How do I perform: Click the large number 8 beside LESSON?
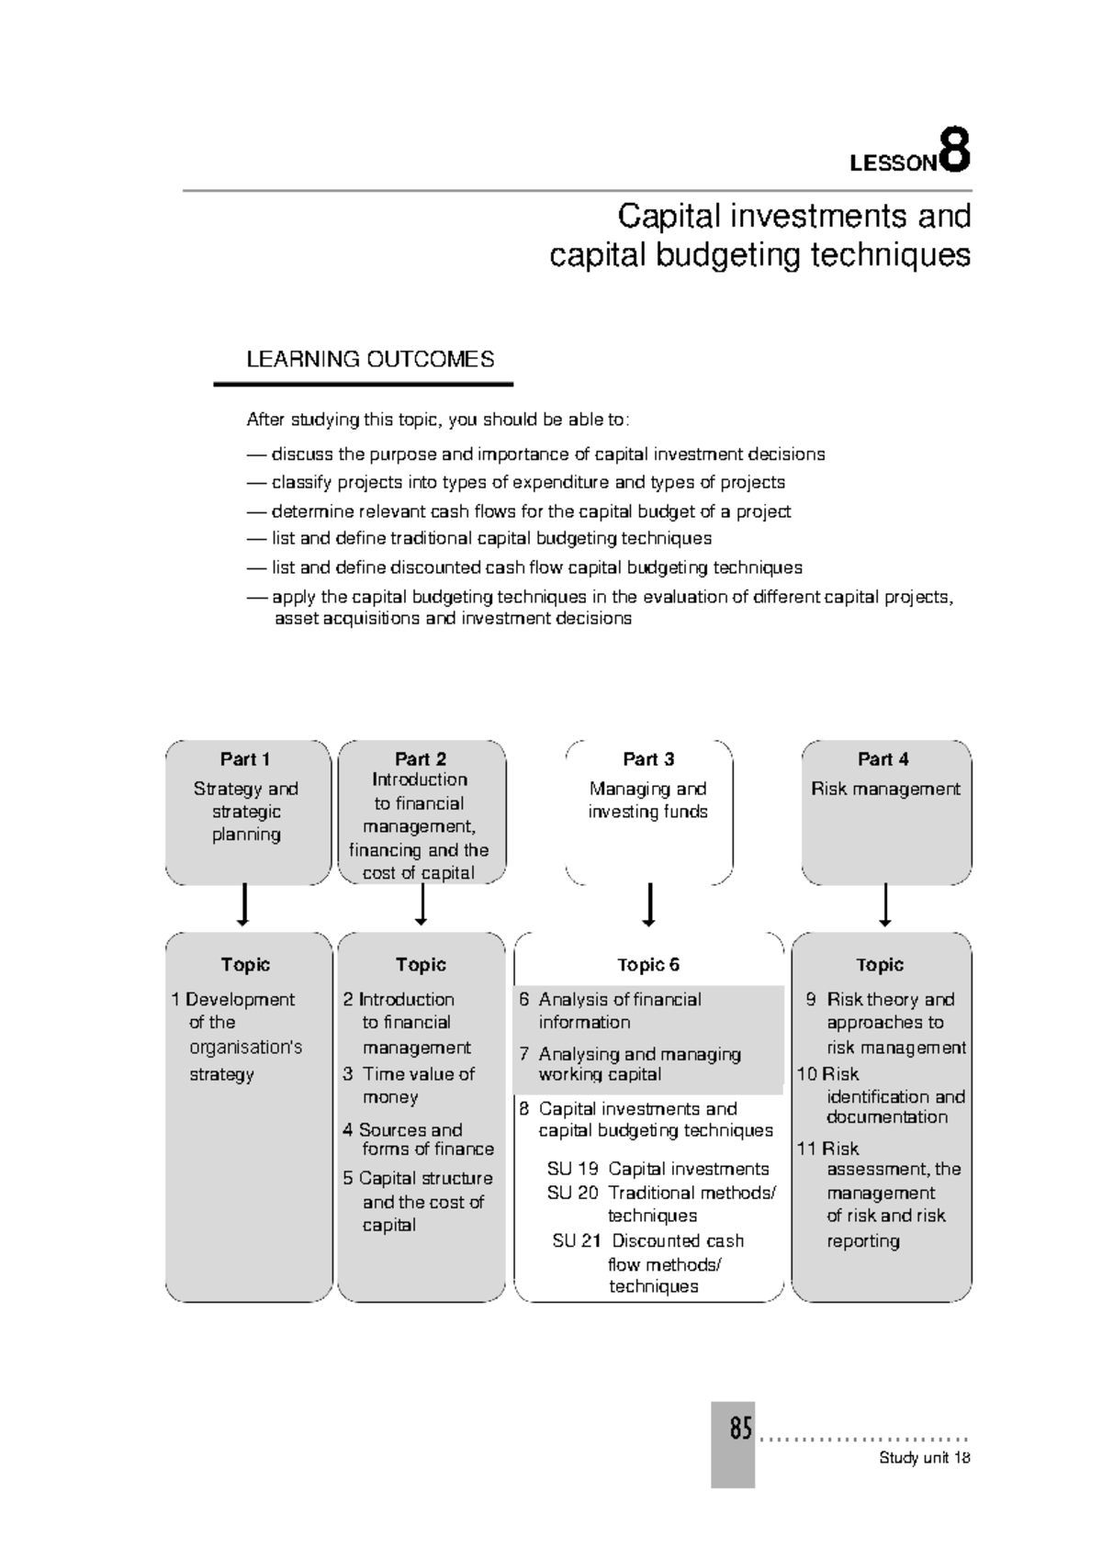pyautogui.click(x=955, y=153)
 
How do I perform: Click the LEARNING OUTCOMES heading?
pyautogui.click(x=370, y=359)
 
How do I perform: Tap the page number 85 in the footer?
pyautogui.click(x=740, y=1430)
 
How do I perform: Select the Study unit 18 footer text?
pyautogui.click(x=924, y=1458)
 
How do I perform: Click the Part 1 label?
pyautogui.click(x=245, y=759)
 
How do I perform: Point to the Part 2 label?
pyautogui.click(x=421, y=759)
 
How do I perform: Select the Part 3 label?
pyautogui.click(x=648, y=759)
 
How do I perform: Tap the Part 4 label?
pyautogui.click(x=883, y=759)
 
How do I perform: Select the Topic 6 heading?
pyautogui.click(x=648, y=965)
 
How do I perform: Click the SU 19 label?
pyautogui.click(x=572, y=1169)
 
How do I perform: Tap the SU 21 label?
pyautogui.click(x=577, y=1240)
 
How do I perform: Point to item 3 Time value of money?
pyautogui.click(x=410, y=1084)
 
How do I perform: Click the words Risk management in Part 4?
pyautogui.click(x=885, y=789)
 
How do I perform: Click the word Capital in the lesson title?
pyautogui.click(x=669, y=217)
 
